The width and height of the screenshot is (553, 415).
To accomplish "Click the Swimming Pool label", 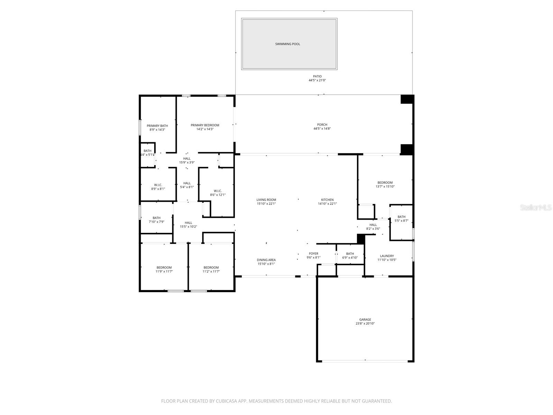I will tap(287, 44).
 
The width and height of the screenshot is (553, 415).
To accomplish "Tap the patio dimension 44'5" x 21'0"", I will tap(317, 80).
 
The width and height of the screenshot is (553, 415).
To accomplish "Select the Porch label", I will tap(322, 125).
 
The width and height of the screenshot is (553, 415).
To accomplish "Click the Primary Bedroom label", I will tap(205, 125).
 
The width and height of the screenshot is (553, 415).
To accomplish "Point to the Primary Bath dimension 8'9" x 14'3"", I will tap(157, 130).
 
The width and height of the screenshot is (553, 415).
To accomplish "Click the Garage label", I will tap(365, 319).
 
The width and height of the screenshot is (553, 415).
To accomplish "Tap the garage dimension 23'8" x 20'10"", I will tap(365, 324).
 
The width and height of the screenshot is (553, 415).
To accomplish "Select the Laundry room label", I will tap(387, 256).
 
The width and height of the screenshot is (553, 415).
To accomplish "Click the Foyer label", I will tap(313, 254).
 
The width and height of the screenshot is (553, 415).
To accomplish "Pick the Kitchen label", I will tap(327, 200).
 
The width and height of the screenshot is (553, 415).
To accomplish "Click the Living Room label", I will tap(266, 200).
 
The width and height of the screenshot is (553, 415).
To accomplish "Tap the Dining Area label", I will tap(266, 260).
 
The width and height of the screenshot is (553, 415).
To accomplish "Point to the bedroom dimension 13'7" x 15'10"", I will tap(385, 187).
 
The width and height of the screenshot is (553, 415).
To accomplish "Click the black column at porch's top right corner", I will tap(407, 99).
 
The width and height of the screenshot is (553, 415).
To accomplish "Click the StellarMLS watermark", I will tap(536, 208).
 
